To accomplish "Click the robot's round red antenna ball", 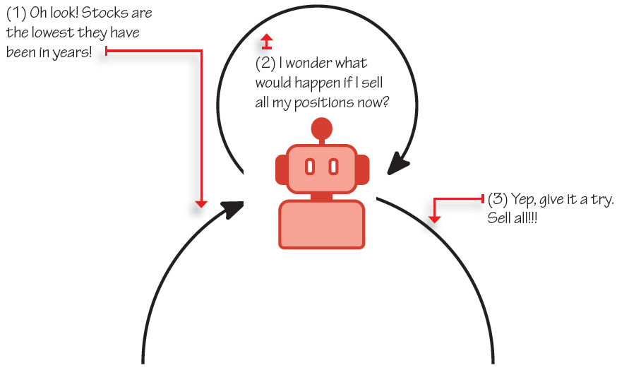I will point(322,128).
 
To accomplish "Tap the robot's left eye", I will point(309,167).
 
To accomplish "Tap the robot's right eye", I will point(333,167).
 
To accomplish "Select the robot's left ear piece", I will point(281,169).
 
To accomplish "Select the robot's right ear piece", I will point(362,169).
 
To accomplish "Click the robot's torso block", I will point(322,224).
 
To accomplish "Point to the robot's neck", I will point(322,196).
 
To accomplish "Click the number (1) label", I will point(16,13).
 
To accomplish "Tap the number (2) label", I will point(265,63).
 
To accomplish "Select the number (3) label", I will point(498,199).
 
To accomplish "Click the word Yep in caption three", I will point(524,199).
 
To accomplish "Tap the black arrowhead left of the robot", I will point(233,208).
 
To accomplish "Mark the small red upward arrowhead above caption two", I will point(265,37).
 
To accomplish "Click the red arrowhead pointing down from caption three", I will point(435,219).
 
